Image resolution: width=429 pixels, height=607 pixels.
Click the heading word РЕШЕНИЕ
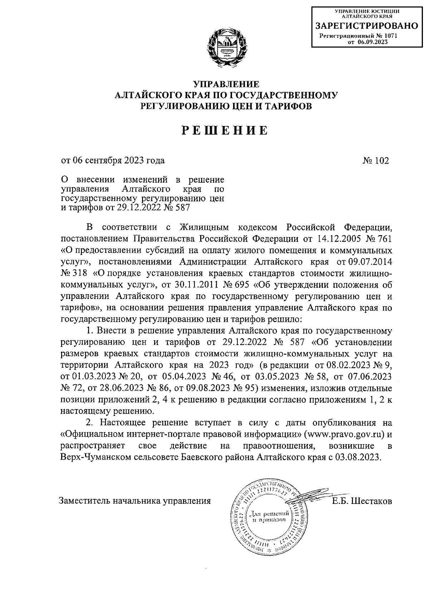pos(225,130)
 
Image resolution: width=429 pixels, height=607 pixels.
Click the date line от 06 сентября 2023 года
pos(113,160)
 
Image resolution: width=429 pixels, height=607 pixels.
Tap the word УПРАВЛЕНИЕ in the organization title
pos(225,84)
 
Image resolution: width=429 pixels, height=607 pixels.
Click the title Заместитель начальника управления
pos(135,501)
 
